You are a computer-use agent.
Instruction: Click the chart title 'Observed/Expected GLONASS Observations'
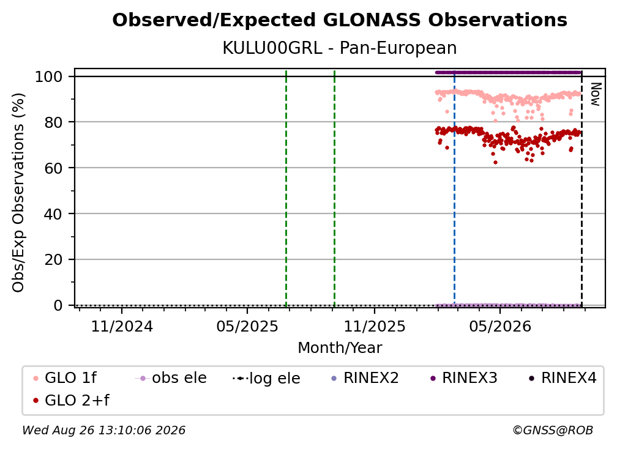(x=340, y=20)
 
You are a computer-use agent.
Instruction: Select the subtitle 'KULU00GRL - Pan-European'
(x=340, y=48)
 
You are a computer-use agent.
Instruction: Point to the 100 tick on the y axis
(x=49, y=76)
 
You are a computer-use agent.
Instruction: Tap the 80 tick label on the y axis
(x=53, y=122)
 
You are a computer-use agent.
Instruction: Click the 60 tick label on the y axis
(x=53, y=168)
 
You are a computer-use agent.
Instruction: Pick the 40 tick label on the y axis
(x=53, y=214)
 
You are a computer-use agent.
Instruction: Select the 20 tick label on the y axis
(x=53, y=259)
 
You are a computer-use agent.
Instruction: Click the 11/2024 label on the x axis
(x=122, y=326)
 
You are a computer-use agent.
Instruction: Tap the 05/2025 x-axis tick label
(x=247, y=326)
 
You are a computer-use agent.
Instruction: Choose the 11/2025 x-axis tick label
(x=375, y=326)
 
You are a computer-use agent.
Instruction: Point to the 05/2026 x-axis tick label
(x=500, y=326)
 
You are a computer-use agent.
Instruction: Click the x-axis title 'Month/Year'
(x=340, y=348)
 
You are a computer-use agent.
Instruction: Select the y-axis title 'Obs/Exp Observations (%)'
(x=18, y=193)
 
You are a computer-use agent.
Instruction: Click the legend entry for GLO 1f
(x=65, y=378)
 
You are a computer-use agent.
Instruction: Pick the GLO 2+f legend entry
(x=71, y=400)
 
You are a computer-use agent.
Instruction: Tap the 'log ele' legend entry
(x=266, y=378)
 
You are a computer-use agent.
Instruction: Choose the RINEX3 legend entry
(x=464, y=378)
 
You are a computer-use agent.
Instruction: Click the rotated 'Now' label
(x=596, y=94)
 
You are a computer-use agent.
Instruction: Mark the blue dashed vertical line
(x=454, y=188)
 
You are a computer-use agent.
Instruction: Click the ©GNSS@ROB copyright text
(x=553, y=430)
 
